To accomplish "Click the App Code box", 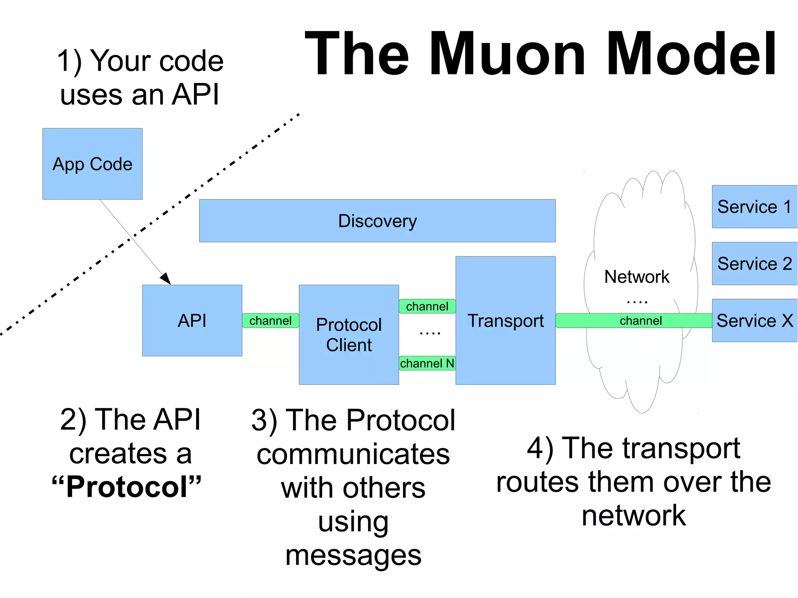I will point(92,164).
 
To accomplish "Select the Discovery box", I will point(377,221).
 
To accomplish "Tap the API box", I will point(192,321).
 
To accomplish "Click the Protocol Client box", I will point(349,335).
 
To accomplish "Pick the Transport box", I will point(505,321).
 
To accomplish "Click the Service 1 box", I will point(754,206).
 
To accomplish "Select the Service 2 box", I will point(754,264).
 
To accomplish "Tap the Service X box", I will point(754,321).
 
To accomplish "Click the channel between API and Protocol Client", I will point(270,321).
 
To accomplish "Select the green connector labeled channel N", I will point(427,363).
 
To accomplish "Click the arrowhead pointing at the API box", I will point(166,278).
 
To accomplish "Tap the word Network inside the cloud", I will point(637,277).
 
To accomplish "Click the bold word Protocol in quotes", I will point(127,487).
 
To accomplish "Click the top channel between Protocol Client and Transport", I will point(427,306).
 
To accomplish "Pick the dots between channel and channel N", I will point(430,333).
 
